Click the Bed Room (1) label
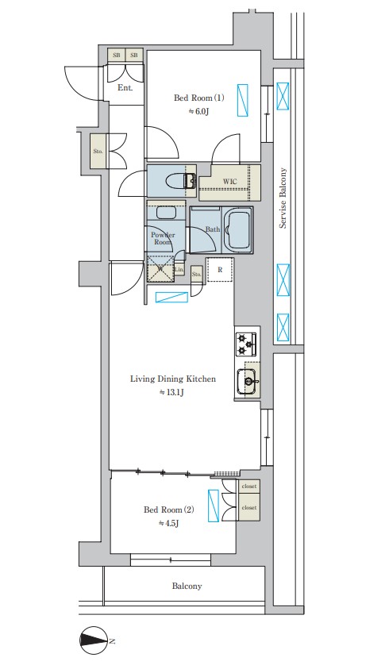click(x=199, y=98)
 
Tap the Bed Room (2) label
click(x=169, y=509)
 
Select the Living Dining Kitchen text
click(x=173, y=379)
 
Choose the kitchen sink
click(x=248, y=379)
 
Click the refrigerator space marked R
click(x=220, y=270)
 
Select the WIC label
click(x=229, y=182)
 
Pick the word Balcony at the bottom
click(x=187, y=586)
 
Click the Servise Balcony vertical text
click(x=283, y=198)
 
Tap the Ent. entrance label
click(x=125, y=88)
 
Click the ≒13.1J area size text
click(x=171, y=393)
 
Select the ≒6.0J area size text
click(x=199, y=112)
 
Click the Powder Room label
click(x=162, y=238)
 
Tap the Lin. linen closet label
click(x=179, y=269)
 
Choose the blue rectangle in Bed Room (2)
click(x=213, y=506)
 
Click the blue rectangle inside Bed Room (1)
click(x=243, y=100)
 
